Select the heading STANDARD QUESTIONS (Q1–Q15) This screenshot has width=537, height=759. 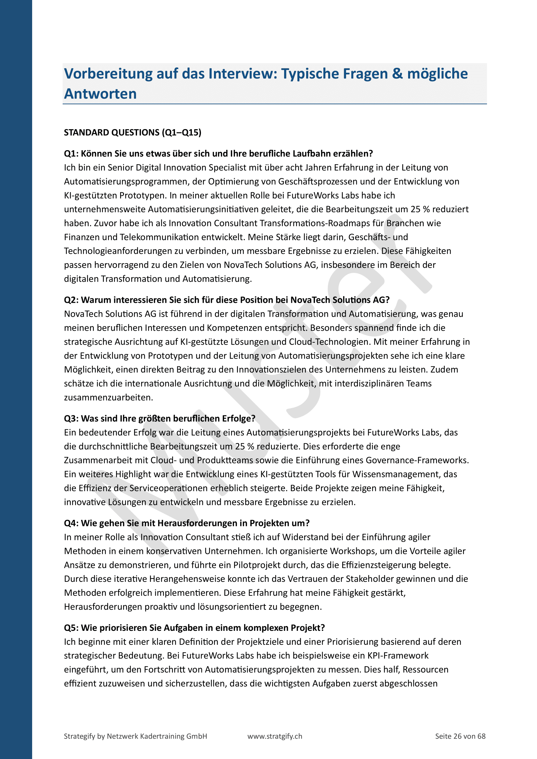coord(132,133)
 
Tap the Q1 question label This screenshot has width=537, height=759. coord(71,154)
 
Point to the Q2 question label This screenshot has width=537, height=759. coord(71,300)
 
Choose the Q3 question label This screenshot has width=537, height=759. coord(71,419)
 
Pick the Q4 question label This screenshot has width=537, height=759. coord(71,523)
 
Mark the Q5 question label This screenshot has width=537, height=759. coord(71,628)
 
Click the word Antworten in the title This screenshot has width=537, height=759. coord(100,94)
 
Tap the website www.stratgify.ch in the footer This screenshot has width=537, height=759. coord(275,736)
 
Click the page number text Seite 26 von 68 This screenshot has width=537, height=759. coord(460,736)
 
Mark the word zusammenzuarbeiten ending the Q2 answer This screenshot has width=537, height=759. coord(108,398)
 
